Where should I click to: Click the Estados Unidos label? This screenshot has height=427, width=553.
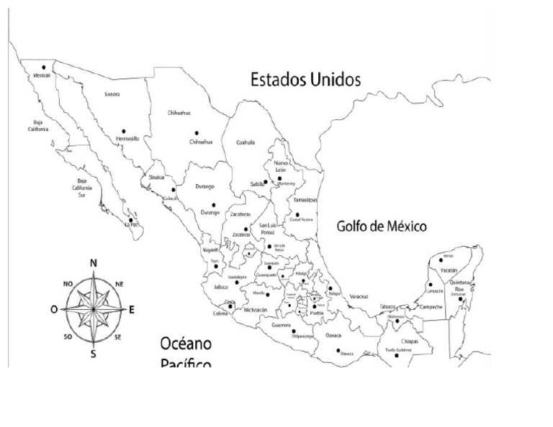coord(305,79)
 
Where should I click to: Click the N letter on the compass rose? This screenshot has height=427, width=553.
coord(93,263)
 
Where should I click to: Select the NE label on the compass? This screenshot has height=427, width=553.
coord(120,284)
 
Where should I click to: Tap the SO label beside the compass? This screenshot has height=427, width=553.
coord(68,336)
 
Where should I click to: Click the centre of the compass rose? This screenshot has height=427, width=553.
coord(94,309)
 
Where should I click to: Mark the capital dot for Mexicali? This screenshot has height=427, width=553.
coord(44,67)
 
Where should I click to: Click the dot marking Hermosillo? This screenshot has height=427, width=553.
coord(123,131)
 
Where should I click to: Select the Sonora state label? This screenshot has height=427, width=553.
coord(112,94)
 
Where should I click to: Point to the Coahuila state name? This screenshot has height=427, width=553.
coord(246,142)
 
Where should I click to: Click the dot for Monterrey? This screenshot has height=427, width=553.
coord(279,178)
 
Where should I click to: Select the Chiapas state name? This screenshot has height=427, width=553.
coord(409,341)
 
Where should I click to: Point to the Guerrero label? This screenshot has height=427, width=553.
coord(282,325)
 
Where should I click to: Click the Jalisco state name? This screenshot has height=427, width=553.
coord(221,287)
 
